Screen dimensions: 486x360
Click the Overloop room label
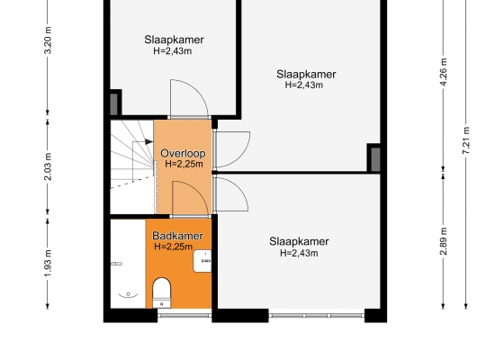(183, 154)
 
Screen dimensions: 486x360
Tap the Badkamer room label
(177, 236)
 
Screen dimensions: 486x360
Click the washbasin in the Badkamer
(202, 261)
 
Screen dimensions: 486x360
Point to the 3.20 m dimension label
(49, 40)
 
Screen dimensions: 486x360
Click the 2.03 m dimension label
(49, 166)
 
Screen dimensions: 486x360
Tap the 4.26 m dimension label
(444, 72)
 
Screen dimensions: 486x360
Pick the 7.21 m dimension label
(466, 140)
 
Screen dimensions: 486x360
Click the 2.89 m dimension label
(444, 241)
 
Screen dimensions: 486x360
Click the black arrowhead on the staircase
(149, 141)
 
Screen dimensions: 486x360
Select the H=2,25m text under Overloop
(184, 164)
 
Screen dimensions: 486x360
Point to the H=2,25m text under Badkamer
(174, 247)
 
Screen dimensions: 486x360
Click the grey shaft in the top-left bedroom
(113, 103)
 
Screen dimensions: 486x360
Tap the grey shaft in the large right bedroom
(375, 158)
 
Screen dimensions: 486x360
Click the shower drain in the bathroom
(128, 293)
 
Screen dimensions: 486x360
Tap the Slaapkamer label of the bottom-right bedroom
(299, 241)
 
